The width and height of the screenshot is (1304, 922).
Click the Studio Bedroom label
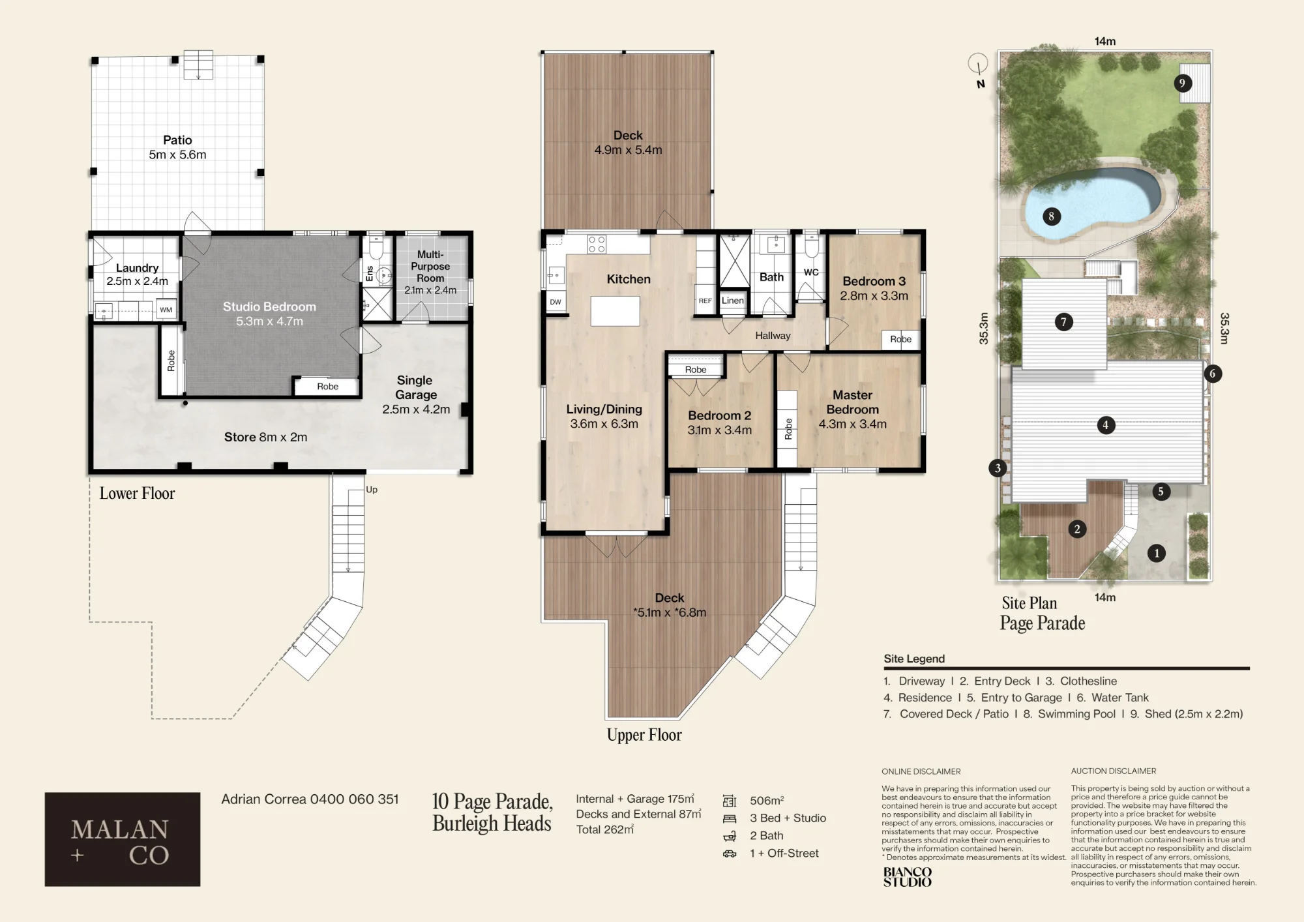click(x=269, y=314)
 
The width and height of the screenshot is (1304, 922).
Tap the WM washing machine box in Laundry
click(x=166, y=310)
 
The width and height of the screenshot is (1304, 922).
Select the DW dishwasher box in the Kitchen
click(x=556, y=302)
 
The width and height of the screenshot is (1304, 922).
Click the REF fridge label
click(x=705, y=301)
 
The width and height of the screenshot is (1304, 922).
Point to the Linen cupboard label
click(x=733, y=301)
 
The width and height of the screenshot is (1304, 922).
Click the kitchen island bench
click(x=615, y=311)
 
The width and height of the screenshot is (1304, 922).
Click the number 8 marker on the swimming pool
click(x=1051, y=216)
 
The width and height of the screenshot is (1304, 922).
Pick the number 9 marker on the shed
click(x=1183, y=83)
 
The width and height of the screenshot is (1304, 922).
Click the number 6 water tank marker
click(x=1213, y=374)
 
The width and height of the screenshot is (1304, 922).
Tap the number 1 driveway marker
click(x=1157, y=554)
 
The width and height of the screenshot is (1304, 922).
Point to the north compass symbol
click(x=978, y=69)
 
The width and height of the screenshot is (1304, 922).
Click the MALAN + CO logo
click(x=123, y=839)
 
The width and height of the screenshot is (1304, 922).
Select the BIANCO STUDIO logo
click(x=908, y=876)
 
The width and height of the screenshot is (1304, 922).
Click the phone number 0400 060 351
click(x=354, y=799)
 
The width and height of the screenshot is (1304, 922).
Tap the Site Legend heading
click(x=914, y=659)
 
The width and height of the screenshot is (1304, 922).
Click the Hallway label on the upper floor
click(x=773, y=336)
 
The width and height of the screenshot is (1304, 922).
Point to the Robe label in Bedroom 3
click(x=901, y=339)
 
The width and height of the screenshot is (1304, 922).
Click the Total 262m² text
click(x=605, y=829)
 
